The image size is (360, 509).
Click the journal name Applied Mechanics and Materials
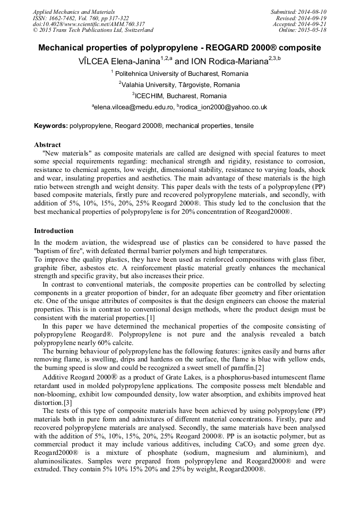(x=74, y=11)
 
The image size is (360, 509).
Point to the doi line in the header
(x=89, y=24)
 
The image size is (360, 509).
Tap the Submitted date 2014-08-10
(x=313, y=11)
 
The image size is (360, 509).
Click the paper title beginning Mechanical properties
(x=179, y=48)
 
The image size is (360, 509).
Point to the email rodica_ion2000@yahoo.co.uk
(x=224, y=107)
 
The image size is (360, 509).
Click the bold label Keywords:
(x=51, y=126)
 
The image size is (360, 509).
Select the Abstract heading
(x=47, y=144)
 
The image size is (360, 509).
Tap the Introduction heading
(x=54, y=231)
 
